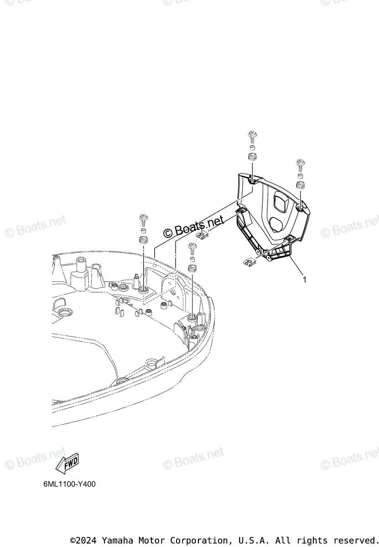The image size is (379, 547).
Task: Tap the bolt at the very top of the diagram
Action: [x=251, y=136]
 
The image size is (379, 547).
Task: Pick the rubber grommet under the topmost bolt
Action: [x=251, y=158]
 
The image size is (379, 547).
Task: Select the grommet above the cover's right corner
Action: [x=300, y=185]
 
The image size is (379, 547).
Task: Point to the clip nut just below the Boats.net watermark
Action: [x=202, y=235]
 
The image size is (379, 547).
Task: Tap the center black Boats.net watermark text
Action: [x=194, y=226]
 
